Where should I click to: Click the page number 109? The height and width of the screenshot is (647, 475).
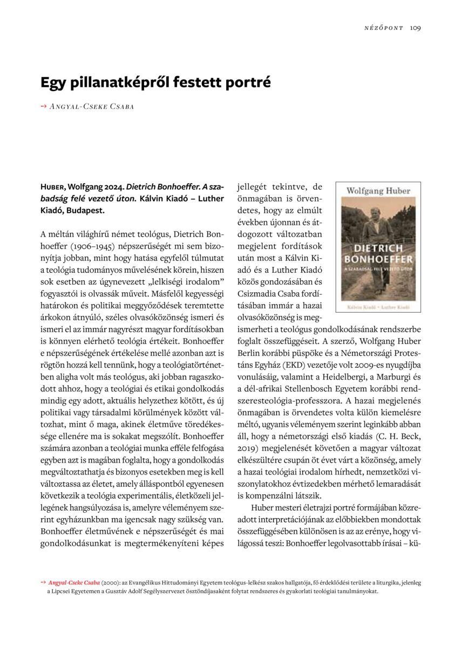(x=415, y=28)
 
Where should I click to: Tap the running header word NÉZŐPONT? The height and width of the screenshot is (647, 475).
(x=384, y=28)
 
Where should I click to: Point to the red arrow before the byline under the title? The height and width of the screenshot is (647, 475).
(x=43, y=106)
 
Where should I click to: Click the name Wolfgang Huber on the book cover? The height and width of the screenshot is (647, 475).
(x=378, y=191)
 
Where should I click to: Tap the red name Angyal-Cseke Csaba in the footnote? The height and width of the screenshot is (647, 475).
(x=73, y=583)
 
